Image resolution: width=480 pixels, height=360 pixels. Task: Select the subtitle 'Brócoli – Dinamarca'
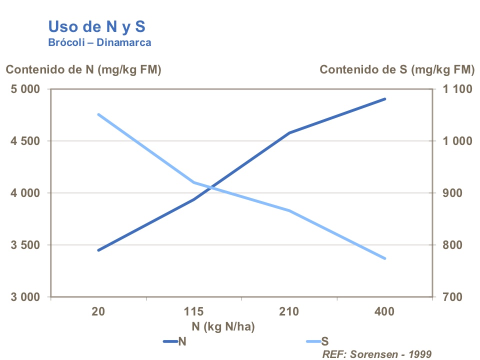coord(99,42)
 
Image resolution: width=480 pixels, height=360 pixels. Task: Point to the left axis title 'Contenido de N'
coord(83,70)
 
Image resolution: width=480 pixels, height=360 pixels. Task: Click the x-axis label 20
coord(98,312)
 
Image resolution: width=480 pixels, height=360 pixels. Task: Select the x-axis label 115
coord(193,312)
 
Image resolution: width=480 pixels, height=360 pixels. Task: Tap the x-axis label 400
coord(384,312)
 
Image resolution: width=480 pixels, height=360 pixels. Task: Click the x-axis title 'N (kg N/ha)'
coord(223,327)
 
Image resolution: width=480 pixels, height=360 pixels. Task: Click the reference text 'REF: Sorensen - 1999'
coord(376,354)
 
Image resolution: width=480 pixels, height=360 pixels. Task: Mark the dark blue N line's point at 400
coord(385,99)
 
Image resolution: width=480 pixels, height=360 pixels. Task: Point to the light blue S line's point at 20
coord(98,114)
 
